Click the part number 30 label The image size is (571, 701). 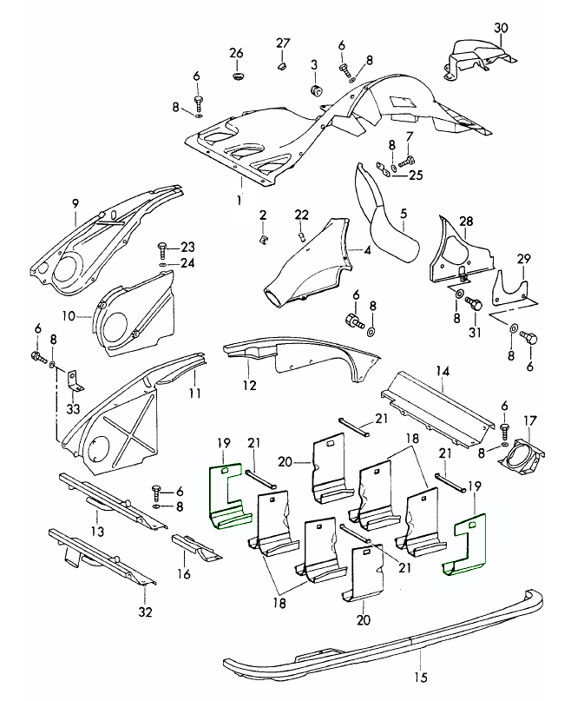point(500,27)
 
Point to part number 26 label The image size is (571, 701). point(237,54)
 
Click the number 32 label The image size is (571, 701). point(145,612)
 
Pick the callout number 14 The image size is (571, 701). point(443,371)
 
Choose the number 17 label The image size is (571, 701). point(529,420)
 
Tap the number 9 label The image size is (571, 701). point(75,204)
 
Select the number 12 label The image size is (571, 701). point(249,385)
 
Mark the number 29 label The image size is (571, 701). point(523,260)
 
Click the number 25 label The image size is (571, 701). point(416,175)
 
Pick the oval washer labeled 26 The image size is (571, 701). point(237,77)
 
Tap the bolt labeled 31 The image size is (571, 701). point(474,304)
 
